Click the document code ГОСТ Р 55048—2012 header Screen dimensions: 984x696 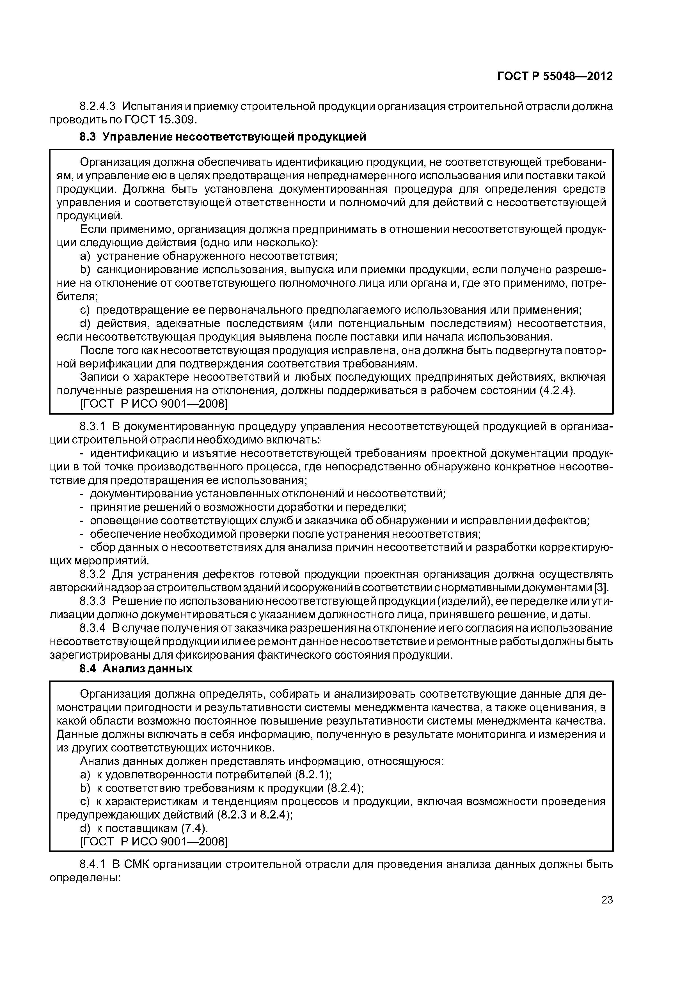point(555,76)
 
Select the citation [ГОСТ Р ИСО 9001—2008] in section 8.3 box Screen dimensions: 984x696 point(154,404)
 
